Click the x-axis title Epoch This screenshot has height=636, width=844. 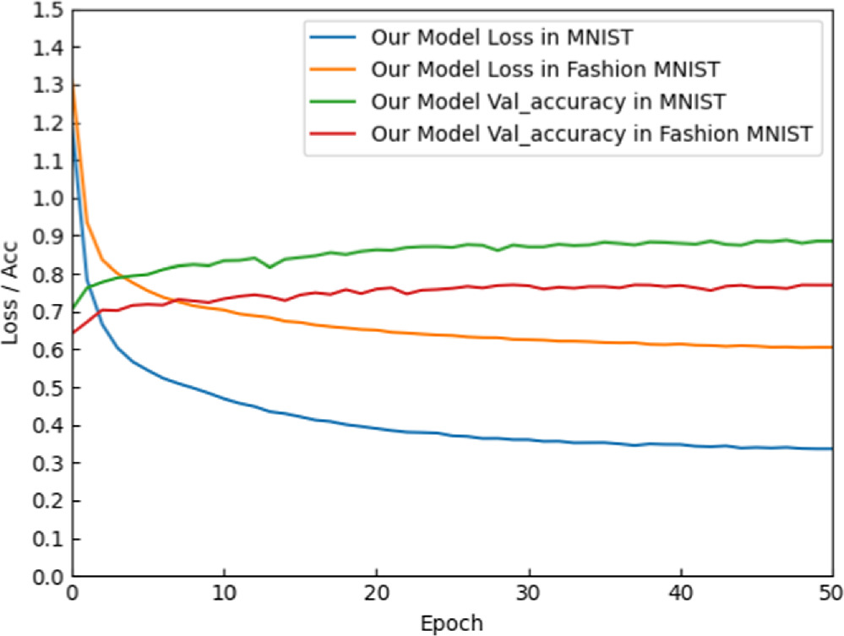[x=452, y=623]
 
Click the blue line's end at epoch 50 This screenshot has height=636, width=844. [x=831, y=448]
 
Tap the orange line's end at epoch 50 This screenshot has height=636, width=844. [x=831, y=347]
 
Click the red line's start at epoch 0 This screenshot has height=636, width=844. [x=74, y=332]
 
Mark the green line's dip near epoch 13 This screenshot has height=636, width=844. [x=270, y=267]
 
